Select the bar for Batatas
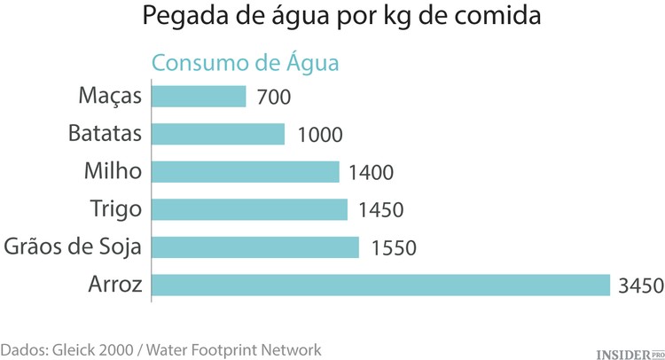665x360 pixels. pyautogui.click(x=219, y=134)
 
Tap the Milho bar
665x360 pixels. pyautogui.click(x=246, y=172)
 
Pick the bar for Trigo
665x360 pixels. pyautogui.click(x=250, y=209)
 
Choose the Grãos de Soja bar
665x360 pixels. pyautogui.click(x=256, y=247)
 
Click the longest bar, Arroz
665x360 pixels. pyautogui.click(x=381, y=285)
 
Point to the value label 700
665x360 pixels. pyautogui.click(x=272, y=97)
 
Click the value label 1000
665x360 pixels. pyautogui.click(x=320, y=135)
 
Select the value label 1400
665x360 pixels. pyautogui.click(x=371, y=173)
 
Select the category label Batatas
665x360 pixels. pyautogui.click(x=105, y=134)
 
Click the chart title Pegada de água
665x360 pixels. pyautogui.click(x=332, y=18)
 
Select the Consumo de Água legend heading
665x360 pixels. pyautogui.click(x=246, y=64)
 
